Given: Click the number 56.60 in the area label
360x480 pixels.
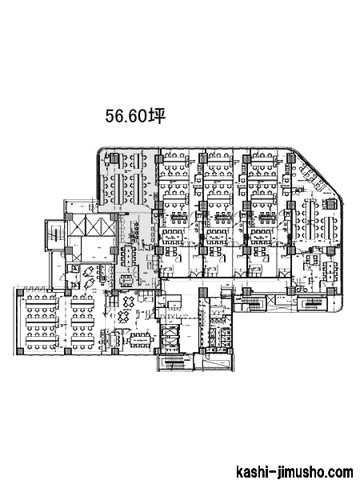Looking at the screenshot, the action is coord(126,116).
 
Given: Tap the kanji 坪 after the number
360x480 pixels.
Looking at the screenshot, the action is coord(157,116).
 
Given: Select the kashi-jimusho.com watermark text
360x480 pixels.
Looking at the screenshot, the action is coord(294,471).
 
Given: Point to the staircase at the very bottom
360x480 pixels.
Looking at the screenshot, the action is coord(175,362).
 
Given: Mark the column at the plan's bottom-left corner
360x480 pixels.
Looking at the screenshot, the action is coord(19,351).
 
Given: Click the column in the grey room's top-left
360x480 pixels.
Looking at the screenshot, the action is coord(114,158).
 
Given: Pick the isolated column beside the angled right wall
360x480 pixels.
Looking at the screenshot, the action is coord(331,203).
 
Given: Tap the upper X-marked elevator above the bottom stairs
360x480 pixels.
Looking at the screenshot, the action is coord(170,331).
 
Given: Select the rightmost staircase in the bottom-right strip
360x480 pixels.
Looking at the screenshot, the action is coord(312,304).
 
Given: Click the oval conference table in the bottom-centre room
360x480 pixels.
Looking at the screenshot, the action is coord(141,340).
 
